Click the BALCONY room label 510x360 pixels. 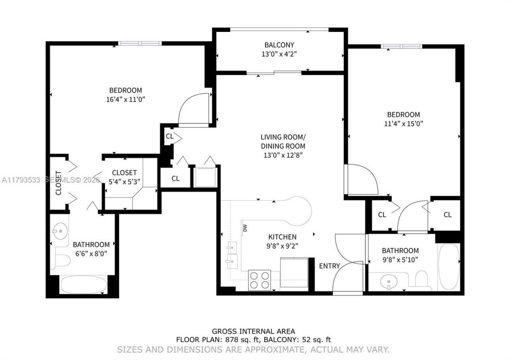(279, 45)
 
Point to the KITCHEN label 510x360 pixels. (282, 237)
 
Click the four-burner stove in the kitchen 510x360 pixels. (259, 280)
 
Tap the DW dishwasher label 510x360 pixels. (245, 228)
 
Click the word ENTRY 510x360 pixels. (330, 266)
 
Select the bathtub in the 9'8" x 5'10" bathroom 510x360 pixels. (449, 266)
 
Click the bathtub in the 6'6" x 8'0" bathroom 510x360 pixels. (83, 285)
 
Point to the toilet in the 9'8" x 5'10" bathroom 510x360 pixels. (421, 279)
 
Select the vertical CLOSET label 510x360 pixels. (58, 183)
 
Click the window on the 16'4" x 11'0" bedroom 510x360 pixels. (139, 43)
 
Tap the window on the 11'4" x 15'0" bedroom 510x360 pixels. (401, 46)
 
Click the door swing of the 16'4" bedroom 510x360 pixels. (194, 110)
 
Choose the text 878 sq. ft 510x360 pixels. (243, 340)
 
